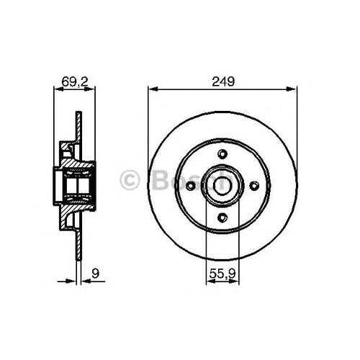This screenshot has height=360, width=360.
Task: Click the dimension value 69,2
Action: pyautogui.click(x=75, y=82)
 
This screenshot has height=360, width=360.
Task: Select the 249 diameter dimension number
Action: pyautogui.click(x=223, y=81)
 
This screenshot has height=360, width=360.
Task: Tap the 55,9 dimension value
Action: pyautogui.click(x=222, y=274)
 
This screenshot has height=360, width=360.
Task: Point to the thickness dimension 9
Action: pyautogui.click(x=95, y=274)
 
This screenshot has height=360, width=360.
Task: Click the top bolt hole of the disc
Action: pyautogui.click(x=222, y=153)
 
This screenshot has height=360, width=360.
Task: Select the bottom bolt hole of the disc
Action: pyautogui.click(x=222, y=217)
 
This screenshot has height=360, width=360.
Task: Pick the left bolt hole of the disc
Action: pyautogui.click(x=191, y=186)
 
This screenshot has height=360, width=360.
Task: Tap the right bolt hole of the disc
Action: pyautogui.click(x=254, y=186)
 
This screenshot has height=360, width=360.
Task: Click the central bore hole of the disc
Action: pyautogui.click(x=222, y=186)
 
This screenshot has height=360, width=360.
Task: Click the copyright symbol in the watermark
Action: pyautogui.click(x=130, y=180)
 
